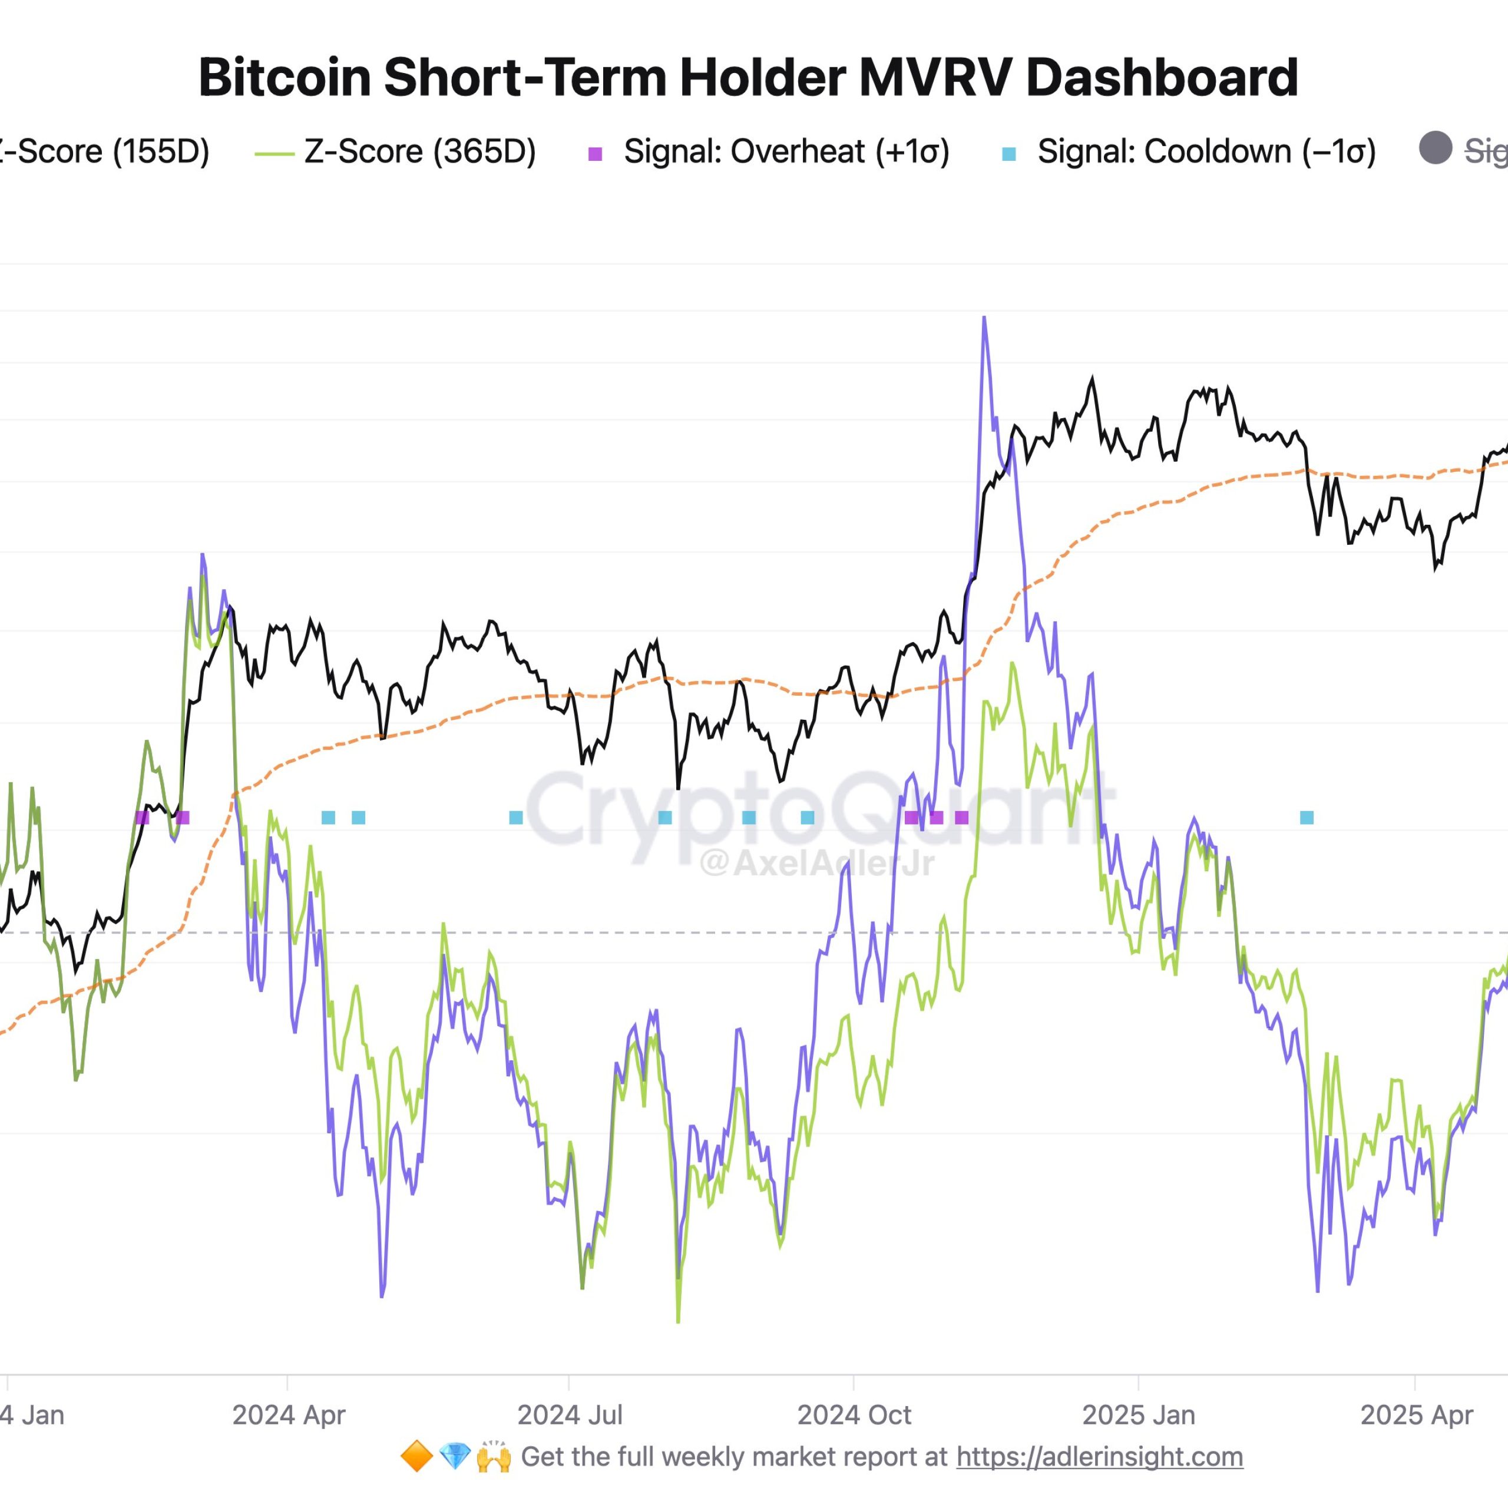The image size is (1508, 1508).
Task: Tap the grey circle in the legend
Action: tap(1434, 148)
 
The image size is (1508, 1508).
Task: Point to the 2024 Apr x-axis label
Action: tap(288, 1414)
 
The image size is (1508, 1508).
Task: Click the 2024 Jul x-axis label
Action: tap(570, 1414)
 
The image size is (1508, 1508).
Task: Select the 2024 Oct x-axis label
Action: tap(854, 1414)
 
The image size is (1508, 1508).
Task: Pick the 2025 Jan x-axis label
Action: tap(1139, 1414)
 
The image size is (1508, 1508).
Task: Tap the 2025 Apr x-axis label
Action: tap(1416, 1414)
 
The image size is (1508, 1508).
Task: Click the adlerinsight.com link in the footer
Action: tap(1099, 1457)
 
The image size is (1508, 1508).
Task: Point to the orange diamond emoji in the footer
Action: tap(416, 1457)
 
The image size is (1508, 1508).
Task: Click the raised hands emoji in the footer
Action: tap(493, 1457)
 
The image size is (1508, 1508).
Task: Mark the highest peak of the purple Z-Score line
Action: tap(984, 318)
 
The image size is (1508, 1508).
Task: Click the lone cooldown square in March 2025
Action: tap(1307, 817)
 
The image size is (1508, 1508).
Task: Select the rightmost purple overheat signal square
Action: tap(961, 817)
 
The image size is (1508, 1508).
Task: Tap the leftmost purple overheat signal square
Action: tap(142, 817)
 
